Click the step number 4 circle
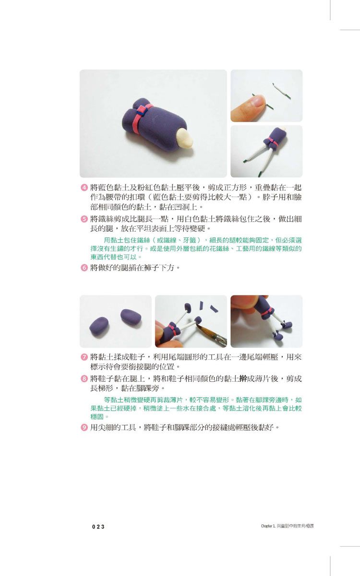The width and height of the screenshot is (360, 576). [84, 187]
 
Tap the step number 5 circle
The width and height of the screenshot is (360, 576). [84, 219]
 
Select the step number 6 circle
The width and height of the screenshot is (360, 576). [84, 268]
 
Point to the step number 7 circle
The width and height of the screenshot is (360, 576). [84, 357]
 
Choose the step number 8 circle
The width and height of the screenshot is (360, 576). [84, 378]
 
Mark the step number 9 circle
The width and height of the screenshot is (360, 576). [84, 427]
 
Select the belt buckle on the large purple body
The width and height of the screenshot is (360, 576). [142, 110]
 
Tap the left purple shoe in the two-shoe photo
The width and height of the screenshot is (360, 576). [99, 327]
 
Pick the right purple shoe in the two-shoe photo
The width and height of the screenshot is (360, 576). [131, 318]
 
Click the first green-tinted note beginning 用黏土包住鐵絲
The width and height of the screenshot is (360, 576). [196, 248]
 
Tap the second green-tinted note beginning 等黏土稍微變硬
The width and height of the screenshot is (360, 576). [196, 408]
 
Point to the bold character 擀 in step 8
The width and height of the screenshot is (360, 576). [243, 378]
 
